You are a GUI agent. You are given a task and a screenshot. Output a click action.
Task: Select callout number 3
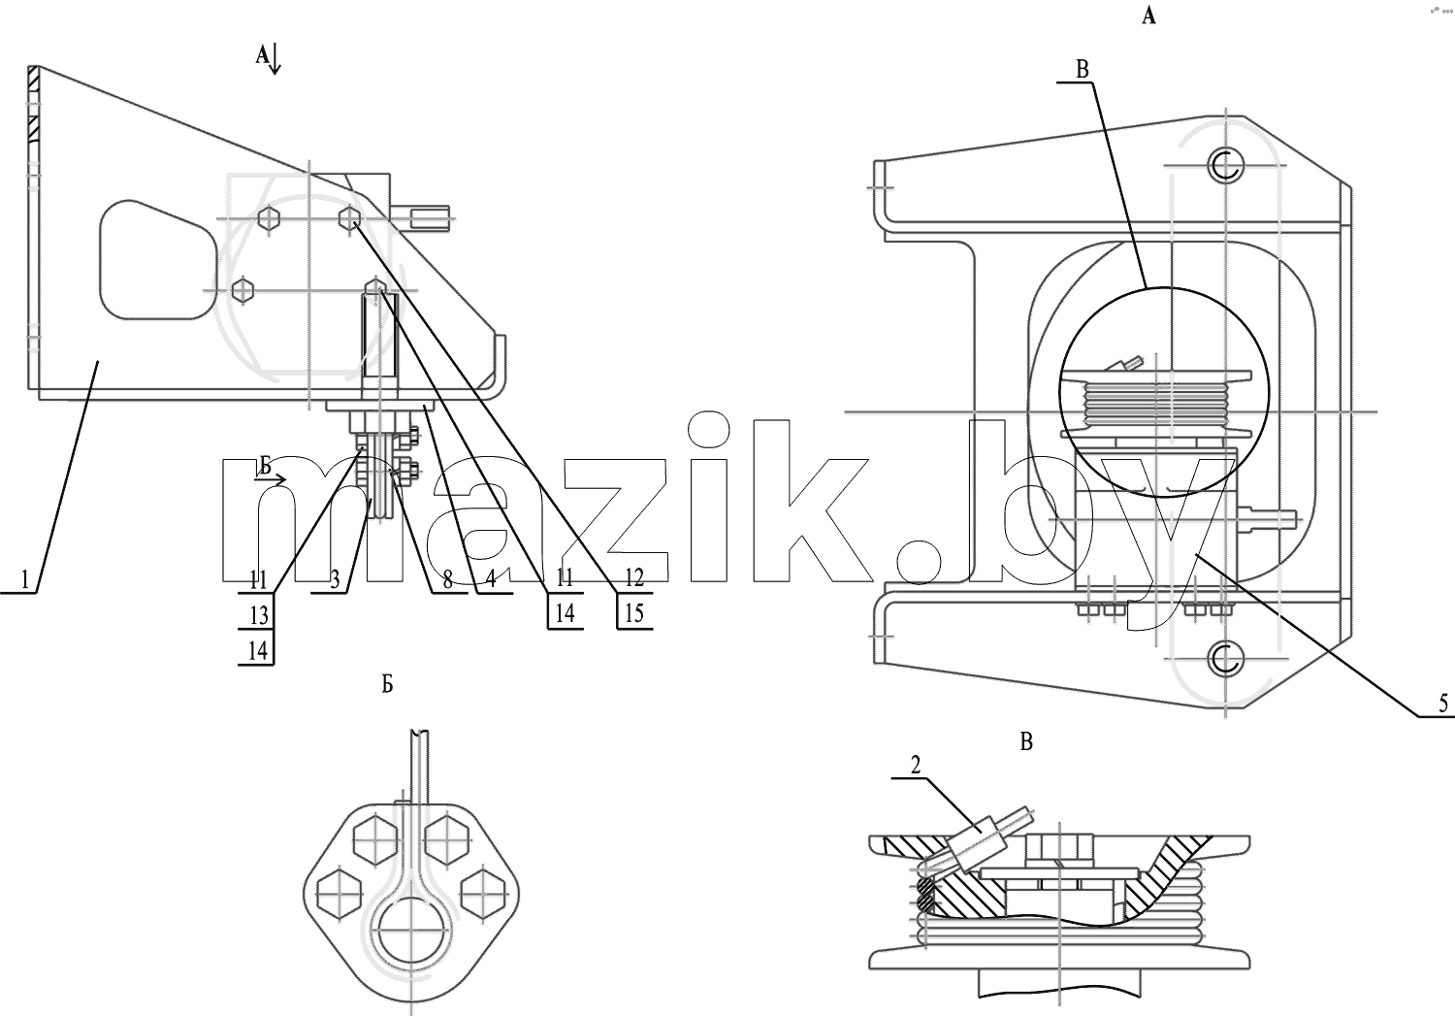coord(335,579)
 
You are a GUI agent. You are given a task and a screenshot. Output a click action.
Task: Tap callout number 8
coord(447,579)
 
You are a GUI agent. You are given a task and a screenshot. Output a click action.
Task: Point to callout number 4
coord(491,578)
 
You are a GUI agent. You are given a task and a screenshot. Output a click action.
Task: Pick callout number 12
coord(634,576)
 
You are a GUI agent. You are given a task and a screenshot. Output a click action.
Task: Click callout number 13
coord(259,614)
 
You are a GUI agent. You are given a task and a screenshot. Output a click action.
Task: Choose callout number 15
coord(634,612)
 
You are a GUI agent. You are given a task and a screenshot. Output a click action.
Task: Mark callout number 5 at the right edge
coord(1443,703)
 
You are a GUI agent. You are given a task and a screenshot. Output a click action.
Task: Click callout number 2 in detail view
coord(916,766)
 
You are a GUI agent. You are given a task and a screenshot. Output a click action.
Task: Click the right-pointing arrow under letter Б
coord(271,480)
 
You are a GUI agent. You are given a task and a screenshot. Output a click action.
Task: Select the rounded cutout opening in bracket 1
coord(158,259)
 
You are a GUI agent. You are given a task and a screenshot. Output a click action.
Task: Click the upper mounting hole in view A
coord(1225,165)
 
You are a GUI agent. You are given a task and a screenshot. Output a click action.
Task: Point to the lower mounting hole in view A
coord(1225,660)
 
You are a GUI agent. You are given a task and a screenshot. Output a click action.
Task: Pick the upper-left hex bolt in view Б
coord(375,840)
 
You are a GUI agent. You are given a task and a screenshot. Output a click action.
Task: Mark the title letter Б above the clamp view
coord(387,685)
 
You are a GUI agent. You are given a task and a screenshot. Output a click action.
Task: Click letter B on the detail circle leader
coord(1083,70)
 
